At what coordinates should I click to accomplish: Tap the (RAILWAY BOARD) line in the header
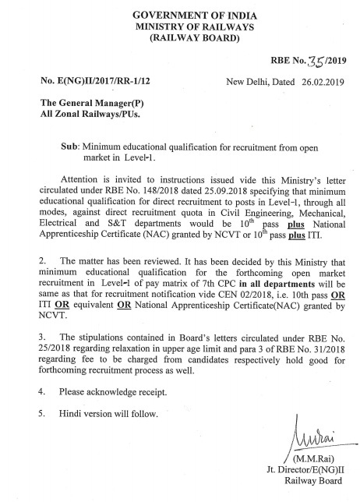[x=180, y=37]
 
